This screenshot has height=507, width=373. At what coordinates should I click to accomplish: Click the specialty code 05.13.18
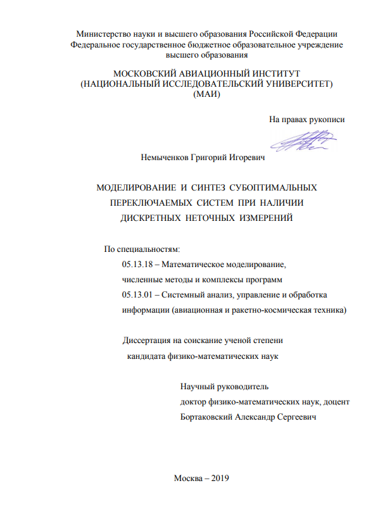134,265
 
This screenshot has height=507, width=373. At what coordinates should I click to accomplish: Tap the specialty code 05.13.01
134,295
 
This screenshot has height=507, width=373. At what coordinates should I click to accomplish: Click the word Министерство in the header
104,34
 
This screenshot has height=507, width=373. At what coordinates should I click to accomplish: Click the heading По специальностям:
137,249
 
